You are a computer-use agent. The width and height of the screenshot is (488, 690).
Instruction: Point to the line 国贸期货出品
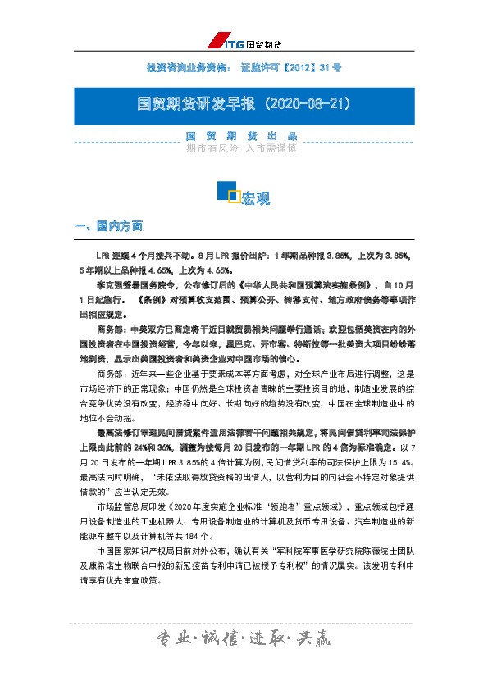pyautogui.click(x=241, y=136)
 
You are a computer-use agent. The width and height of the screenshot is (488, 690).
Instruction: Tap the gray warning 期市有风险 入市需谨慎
pyautogui.click(x=241, y=148)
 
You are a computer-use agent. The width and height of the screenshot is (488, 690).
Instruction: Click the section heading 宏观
pyautogui.click(x=255, y=199)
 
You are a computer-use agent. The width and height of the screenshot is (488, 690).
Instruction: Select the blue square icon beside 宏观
pyautogui.click(x=227, y=192)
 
